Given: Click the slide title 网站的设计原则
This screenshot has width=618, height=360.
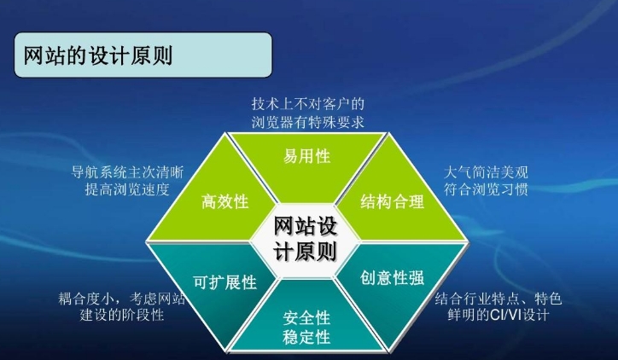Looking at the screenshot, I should coord(95,55).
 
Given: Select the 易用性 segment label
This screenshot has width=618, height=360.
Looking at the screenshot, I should coord(307,157).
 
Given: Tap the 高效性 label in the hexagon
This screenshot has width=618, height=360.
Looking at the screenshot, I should coord(224,202).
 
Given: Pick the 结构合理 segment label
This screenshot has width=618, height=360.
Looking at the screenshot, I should coord(392,202).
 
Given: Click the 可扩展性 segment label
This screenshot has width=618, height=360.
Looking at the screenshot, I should coord(224,282).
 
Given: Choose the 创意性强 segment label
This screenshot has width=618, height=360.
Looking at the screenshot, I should coord(392,279).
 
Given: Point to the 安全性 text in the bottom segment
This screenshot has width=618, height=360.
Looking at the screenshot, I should coord(307,317).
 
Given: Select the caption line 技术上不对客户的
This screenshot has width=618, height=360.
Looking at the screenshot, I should coord(309,102).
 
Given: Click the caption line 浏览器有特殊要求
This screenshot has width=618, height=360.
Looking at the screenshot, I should coord(309,121).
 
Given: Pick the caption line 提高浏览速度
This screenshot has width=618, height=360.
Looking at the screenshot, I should coord(128,189).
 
